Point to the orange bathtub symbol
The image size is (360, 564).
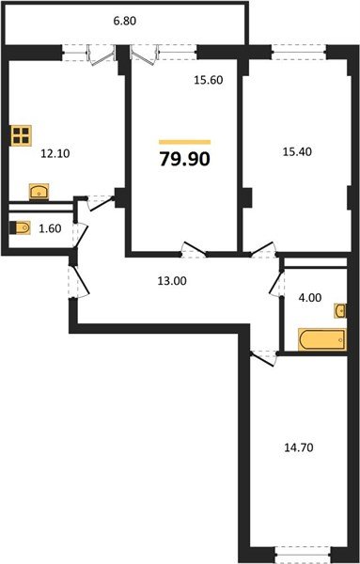(321, 339)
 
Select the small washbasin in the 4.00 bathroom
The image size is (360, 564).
(340, 310)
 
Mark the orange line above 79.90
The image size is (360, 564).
(185, 142)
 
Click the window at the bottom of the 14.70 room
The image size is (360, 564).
(303, 548)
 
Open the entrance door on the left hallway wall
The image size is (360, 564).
(73, 279)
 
